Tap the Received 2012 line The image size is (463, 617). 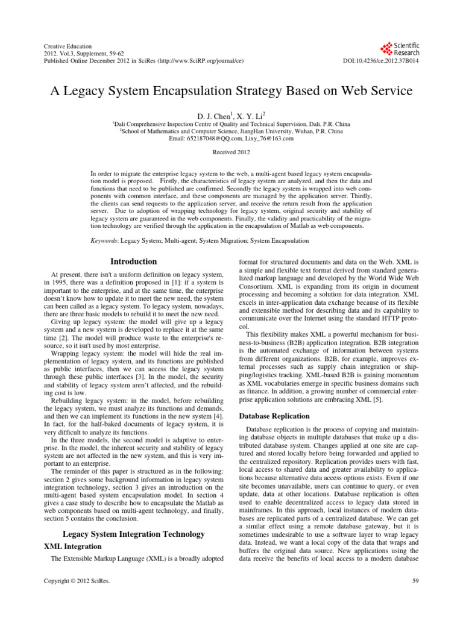point(231,153)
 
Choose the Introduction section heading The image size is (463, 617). point(133,262)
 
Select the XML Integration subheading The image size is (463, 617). point(74,546)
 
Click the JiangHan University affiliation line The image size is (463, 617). point(231,130)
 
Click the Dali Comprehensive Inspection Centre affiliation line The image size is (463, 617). point(231,122)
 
